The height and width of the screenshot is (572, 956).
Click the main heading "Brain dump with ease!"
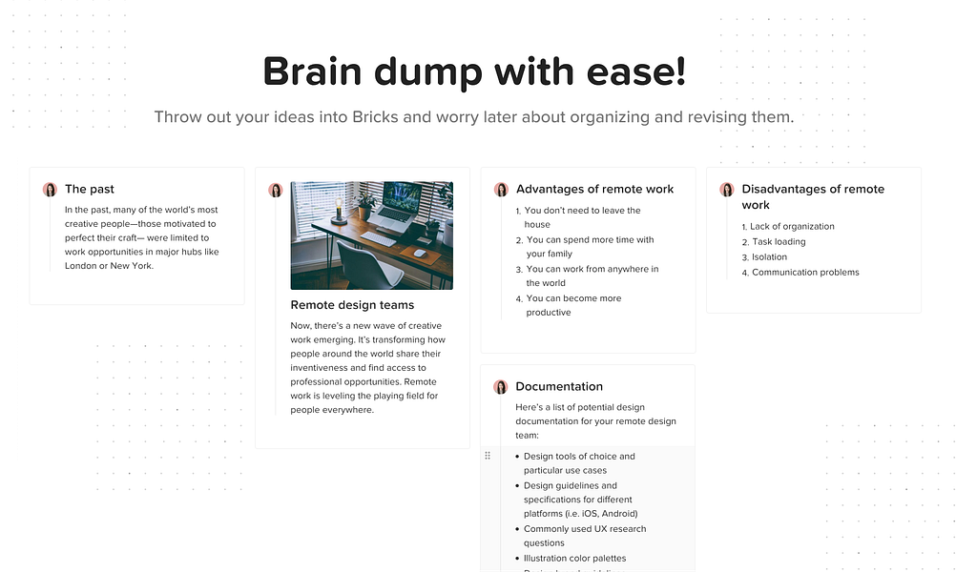pyautogui.click(x=474, y=71)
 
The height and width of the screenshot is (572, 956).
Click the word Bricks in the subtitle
pyautogui.click(x=375, y=116)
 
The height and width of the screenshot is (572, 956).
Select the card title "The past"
pyautogui.click(x=90, y=189)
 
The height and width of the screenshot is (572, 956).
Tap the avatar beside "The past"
pyautogui.click(x=50, y=190)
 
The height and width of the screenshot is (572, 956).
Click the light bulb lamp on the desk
pyautogui.click(x=338, y=209)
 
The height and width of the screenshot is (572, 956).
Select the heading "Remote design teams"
pyautogui.click(x=352, y=304)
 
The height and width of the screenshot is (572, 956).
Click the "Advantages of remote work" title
pyautogui.click(x=595, y=189)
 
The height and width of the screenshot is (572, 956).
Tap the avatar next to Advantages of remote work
pyautogui.click(x=501, y=190)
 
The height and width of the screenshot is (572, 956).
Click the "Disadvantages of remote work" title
pyautogui.click(x=813, y=196)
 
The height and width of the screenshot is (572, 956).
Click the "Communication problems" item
pyautogui.click(x=800, y=273)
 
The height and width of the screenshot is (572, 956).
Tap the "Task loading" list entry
pyautogui.click(x=774, y=242)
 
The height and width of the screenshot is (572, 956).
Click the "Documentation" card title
pyautogui.click(x=559, y=386)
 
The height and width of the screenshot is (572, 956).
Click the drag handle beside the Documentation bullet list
pyautogui.click(x=488, y=456)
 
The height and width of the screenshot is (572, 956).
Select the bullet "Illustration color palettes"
pyautogui.click(x=571, y=558)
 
